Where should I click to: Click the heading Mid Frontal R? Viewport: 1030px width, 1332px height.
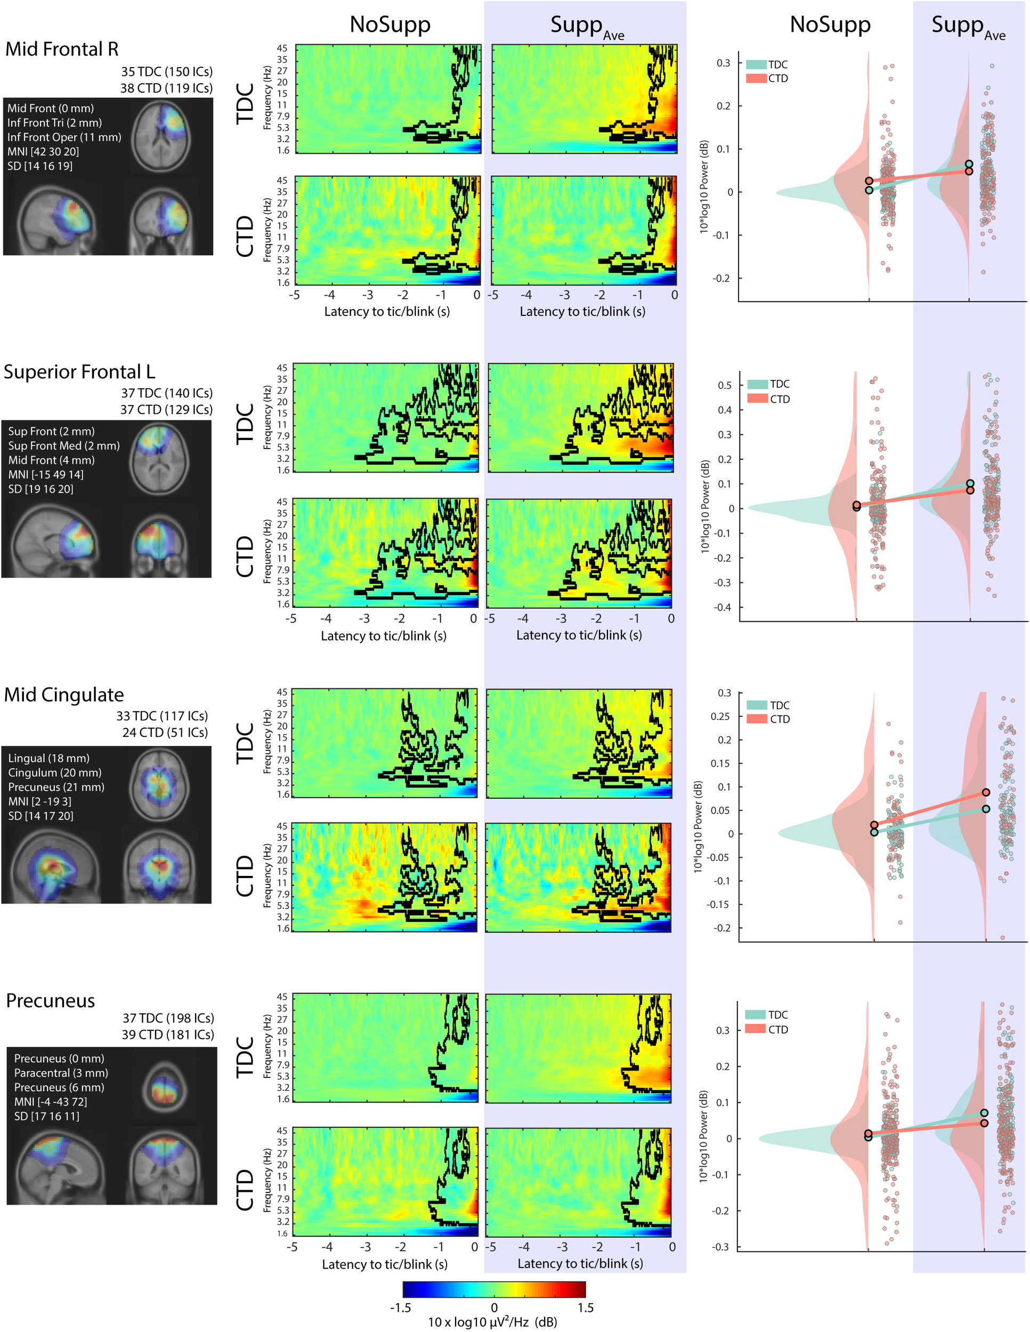62,50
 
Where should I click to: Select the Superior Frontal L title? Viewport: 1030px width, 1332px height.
79,372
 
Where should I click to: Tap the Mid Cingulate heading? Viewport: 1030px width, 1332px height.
64,695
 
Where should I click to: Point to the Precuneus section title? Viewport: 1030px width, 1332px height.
51,1001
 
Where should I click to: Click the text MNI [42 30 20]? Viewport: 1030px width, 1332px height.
43,151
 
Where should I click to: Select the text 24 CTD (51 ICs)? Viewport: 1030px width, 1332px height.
165,733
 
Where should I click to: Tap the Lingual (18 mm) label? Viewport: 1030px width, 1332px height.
49,758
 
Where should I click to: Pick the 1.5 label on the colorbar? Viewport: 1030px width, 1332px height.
585,1307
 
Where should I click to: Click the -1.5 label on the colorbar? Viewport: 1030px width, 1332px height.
401,1307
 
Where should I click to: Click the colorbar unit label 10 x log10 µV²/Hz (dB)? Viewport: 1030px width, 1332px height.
492,1322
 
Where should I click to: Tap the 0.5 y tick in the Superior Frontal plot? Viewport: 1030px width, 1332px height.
725,385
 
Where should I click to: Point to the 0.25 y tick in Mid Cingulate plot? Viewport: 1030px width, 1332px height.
720,716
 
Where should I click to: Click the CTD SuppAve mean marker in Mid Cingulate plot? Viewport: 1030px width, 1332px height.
986,793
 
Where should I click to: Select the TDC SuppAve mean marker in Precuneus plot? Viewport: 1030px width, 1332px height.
984,1113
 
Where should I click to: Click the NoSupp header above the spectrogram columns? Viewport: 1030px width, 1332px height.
390,25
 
